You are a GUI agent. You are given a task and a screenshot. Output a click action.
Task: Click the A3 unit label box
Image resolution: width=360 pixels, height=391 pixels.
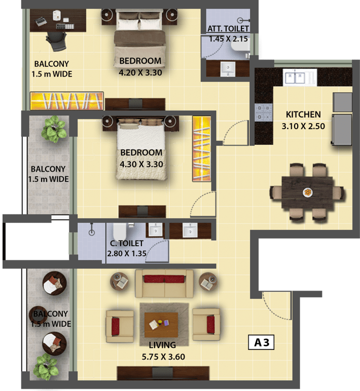pyautogui.click(x=261, y=342)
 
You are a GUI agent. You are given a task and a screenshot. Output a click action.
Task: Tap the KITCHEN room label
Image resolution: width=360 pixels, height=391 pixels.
pyautogui.click(x=303, y=114)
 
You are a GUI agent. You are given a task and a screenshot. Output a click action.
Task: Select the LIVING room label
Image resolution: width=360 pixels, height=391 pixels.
pyautogui.click(x=162, y=345)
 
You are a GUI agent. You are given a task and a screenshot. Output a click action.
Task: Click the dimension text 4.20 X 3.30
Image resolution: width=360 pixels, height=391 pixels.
pyautogui.click(x=140, y=73)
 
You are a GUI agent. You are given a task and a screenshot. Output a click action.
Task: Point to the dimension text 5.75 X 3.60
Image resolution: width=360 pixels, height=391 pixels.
pyautogui.click(x=163, y=357)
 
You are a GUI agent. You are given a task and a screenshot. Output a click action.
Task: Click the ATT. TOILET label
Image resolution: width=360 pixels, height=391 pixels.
pyautogui.click(x=228, y=29)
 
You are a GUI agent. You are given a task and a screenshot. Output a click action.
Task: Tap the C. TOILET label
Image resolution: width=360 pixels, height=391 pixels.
pyautogui.click(x=127, y=244)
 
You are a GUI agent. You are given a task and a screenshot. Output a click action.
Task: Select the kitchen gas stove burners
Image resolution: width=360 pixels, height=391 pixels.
pyautogui.click(x=263, y=112)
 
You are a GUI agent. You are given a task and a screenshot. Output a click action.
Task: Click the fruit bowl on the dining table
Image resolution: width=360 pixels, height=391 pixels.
pyautogui.click(x=308, y=192)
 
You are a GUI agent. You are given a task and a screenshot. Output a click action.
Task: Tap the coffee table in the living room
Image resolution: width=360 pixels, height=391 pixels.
pyautogui.click(x=161, y=325)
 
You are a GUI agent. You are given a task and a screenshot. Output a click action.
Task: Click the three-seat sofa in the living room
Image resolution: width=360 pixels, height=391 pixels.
pyautogui.click(x=164, y=283)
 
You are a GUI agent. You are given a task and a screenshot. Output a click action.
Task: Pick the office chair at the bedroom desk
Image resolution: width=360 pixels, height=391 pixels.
pyautogui.click(x=56, y=41)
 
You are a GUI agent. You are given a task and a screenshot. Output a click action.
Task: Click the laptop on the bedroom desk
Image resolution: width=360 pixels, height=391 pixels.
pyautogui.click(x=41, y=21)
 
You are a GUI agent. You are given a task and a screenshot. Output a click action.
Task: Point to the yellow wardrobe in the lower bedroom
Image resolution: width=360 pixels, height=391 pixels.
pyautogui.click(x=201, y=148)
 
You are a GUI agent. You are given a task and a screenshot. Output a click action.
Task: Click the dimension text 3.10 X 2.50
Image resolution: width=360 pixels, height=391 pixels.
pyautogui.click(x=303, y=126)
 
